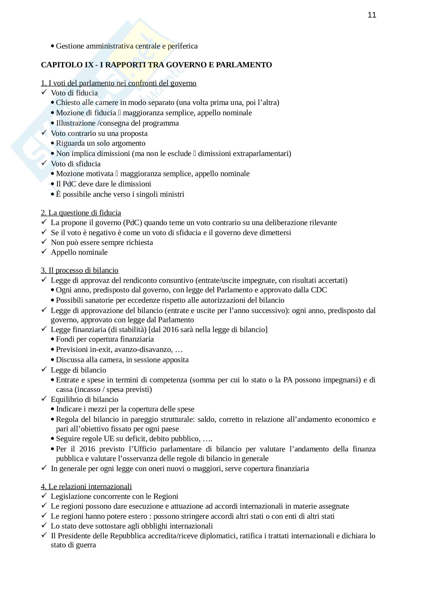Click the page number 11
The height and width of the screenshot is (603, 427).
[x=372, y=15]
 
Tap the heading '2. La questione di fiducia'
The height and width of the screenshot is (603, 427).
[x=81, y=213]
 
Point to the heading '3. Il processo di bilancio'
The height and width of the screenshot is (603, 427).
[x=80, y=270]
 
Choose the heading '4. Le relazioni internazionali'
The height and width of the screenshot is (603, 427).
[x=86, y=486]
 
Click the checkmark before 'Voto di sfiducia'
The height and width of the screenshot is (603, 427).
[x=44, y=163]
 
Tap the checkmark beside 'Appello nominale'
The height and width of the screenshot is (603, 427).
[x=44, y=252]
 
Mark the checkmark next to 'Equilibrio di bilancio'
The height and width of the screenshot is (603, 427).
[x=44, y=399]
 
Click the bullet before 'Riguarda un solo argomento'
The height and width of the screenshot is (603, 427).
[x=53, y=143]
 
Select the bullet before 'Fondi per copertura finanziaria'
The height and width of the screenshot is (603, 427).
[x=53, y=339]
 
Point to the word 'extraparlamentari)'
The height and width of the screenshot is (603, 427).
[x=245, y=154]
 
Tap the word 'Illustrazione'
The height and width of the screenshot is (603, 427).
[x=76, y=123]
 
